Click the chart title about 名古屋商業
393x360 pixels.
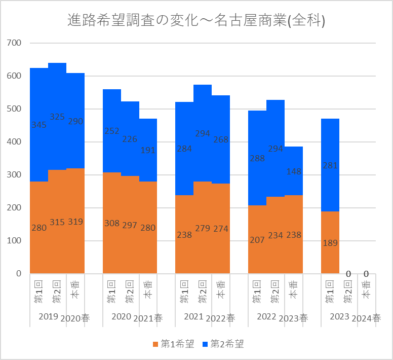[196, 20]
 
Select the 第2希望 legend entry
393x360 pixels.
[223, 344]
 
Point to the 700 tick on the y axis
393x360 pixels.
[14, 43]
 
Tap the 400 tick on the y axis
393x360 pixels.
[14, 142]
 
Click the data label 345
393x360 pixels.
[38, 124]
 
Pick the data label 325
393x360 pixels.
[57, 117]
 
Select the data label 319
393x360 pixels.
[75, 222]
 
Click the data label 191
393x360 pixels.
[148, 150]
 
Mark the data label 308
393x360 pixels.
[111, 223]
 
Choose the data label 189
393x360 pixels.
[330, 243]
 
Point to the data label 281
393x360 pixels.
[330, 165]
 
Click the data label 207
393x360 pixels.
[257, 240]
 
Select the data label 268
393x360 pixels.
[221, 140]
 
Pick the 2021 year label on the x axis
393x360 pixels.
[193, 317]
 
